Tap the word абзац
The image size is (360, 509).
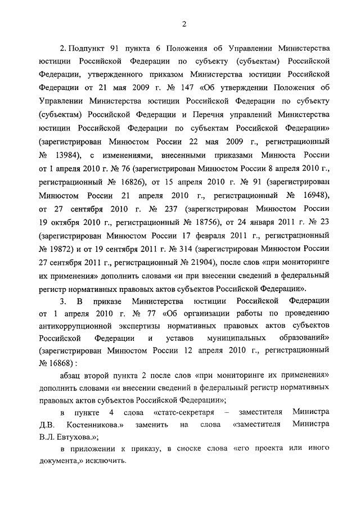pyautogui.click(x=74, y=376)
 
